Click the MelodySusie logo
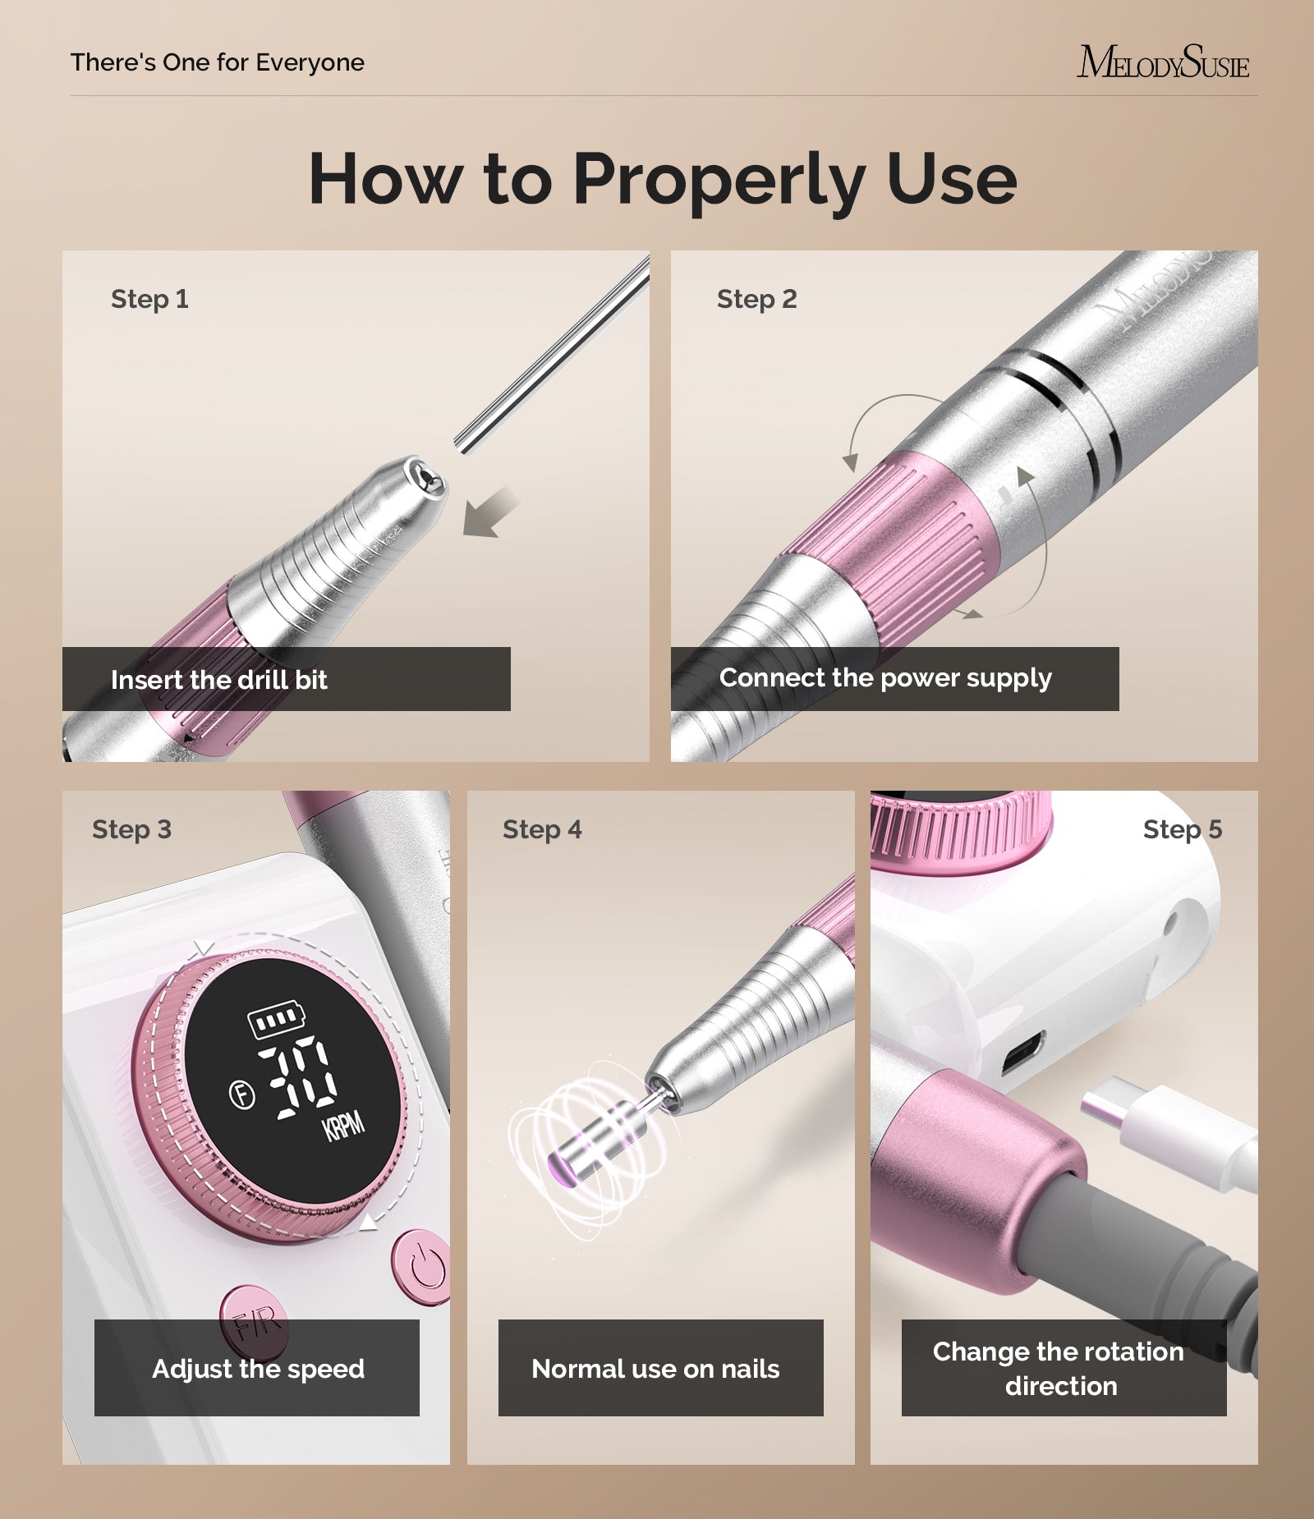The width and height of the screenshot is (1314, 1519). [1162, 62]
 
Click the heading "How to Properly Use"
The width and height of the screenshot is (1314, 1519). [662, 179]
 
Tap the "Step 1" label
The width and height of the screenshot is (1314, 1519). [149, 299]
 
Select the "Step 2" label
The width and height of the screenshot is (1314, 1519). [756, 299]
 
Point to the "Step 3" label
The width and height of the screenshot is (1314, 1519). [131, 829]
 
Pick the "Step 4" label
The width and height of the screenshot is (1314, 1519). [542, 829]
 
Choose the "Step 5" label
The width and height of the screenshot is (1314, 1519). [1182, 829]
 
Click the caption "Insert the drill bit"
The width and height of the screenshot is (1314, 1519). [219, 680]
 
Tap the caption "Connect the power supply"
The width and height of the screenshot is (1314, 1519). [885, 678]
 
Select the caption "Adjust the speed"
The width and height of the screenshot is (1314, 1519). [258, 1369]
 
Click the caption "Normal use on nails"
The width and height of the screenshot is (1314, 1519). [655, 1369]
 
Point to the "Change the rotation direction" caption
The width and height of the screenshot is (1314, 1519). [1059, 1369]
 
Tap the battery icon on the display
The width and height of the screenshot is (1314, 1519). [276, 1019]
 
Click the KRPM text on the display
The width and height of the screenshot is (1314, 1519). [343, 1126]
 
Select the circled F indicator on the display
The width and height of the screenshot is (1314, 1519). [241, 1095]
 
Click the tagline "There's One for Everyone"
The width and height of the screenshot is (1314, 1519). [218, 62]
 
